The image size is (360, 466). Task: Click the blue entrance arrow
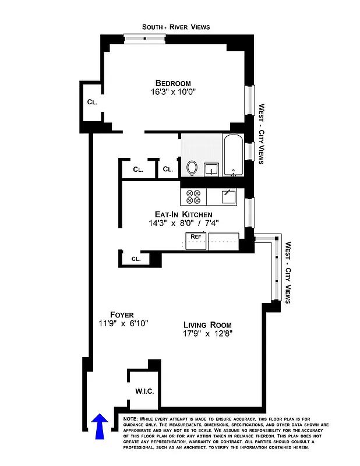tap(100, 425)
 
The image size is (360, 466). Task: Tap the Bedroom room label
tap(173, 83)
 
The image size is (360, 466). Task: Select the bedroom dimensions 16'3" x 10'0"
tap(173, 92)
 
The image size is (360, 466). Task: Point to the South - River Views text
tap(176, 27)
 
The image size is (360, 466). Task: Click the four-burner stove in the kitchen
tap(193, 197)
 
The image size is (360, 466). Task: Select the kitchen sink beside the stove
tap(228, 196)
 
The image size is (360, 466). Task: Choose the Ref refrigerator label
tap(196, 237)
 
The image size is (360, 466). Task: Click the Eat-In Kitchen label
tap(179, 214)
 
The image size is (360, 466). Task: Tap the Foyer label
tap(122, 315)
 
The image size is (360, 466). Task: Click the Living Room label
tap(207, 324)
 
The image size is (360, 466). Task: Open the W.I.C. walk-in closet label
tap(144, 391)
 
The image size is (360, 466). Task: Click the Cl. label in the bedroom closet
tap(92, 102)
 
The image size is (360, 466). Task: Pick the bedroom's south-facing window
tap(145, 39)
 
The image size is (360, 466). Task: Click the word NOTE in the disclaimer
tap(131, 419)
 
